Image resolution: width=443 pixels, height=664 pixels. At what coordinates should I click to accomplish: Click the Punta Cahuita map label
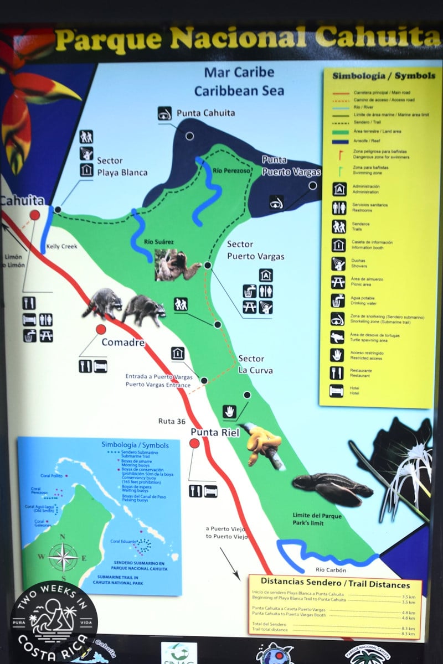click(x=205, y=113)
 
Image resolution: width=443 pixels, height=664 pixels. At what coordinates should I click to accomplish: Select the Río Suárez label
click(x=158, y=242)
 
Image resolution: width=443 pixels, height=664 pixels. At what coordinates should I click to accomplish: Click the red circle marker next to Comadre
click(x=101, y=330)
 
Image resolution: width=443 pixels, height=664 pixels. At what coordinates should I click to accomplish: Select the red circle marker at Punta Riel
click(x=194, y=443)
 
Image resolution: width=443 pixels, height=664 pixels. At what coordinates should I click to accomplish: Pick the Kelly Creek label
click(x=62, y=246)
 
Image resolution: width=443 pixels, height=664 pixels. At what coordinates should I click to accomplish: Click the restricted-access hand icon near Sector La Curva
click(x=230, y=412)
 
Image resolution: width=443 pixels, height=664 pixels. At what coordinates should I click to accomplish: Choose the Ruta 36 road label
click(x=172, y=421)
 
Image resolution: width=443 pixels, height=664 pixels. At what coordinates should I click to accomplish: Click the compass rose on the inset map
click(x=64, y=556)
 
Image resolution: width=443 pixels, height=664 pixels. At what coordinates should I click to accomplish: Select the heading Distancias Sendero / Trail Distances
click(x=335, y=585)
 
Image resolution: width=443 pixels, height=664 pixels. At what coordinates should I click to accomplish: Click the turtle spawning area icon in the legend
click(x=337, y=337)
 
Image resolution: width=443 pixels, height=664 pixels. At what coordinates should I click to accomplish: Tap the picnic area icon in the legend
click(x=338, y=282)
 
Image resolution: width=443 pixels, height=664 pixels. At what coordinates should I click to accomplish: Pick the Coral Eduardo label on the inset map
click(x=123, y=541)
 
